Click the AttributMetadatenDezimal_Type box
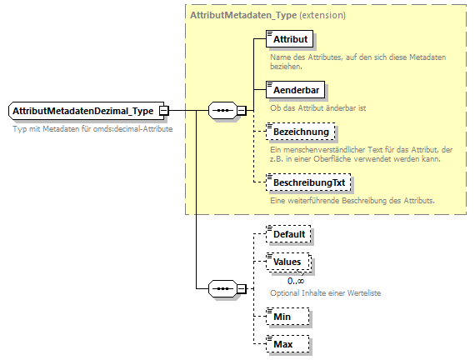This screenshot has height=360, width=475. [x=83, y=110]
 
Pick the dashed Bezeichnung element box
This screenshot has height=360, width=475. [x=299, y=132]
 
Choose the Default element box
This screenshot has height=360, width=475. [x=288, y=234]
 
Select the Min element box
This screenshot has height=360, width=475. [x=286, y=316]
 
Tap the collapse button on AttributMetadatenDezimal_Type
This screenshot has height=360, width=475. [x=164, y=110]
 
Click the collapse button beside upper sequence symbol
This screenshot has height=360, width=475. [x=241, y=110]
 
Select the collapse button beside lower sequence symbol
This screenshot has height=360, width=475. [x=241, y=288]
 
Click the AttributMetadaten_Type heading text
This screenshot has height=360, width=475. [x=242, y=15]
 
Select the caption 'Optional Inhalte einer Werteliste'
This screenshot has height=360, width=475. [x=326, y=294]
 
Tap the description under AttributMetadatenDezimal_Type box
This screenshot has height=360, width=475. [x=92, y=128]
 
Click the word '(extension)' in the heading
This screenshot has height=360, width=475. [x=322, y=15]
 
